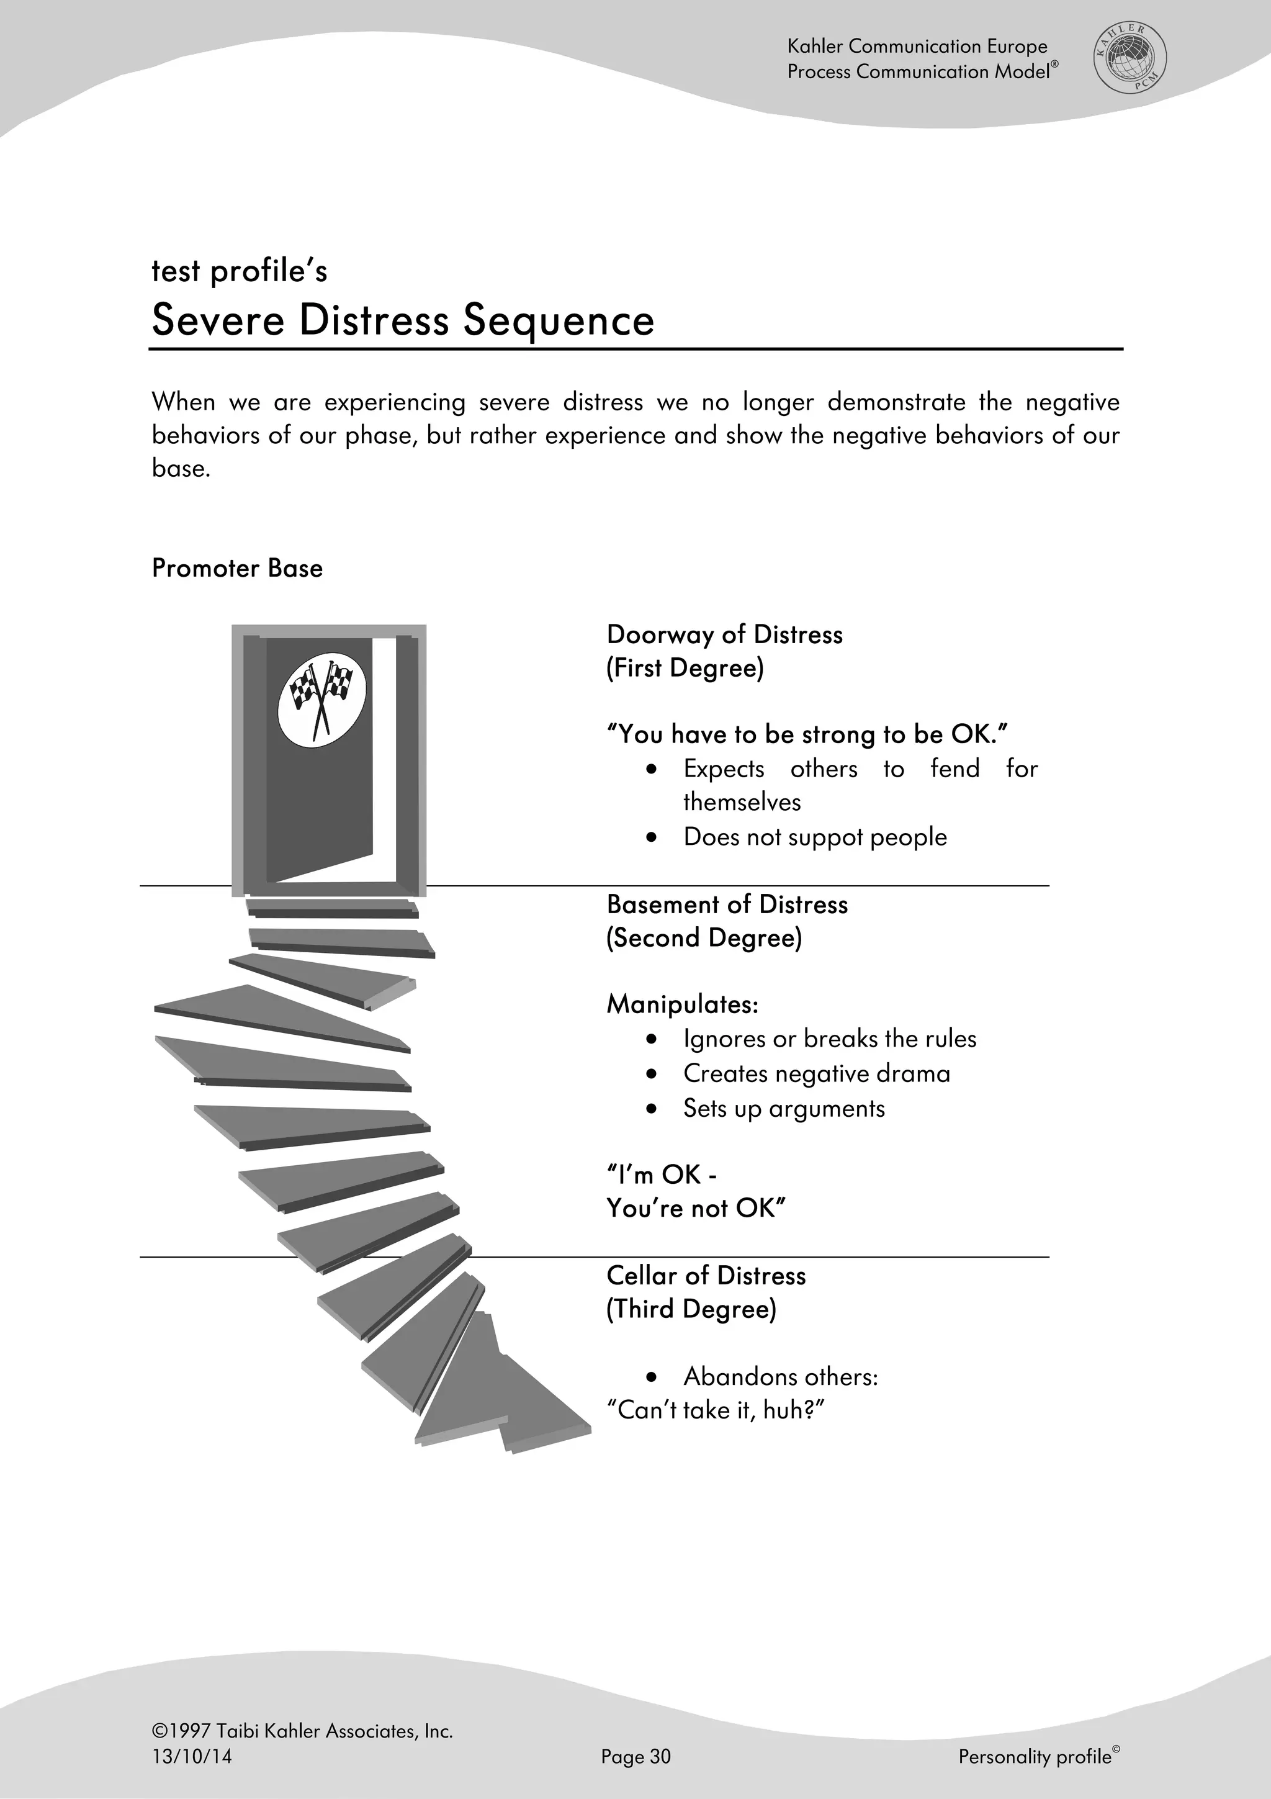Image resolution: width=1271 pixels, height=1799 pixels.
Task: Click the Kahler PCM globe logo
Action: point(1130,59)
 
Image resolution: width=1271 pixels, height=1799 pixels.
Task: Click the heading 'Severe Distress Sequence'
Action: point(403,320)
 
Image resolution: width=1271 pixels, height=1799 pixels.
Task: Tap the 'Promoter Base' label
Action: point(236,568)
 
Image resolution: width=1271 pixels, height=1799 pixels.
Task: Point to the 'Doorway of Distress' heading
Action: point(724,634)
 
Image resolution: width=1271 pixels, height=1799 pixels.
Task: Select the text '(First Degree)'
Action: point(685,669)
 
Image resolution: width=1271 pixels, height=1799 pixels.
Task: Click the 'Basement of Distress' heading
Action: point(727,905)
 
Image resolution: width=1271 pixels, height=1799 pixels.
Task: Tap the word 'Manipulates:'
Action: point(682,1004)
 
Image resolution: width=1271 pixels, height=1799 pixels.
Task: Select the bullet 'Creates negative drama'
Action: point(816,1073)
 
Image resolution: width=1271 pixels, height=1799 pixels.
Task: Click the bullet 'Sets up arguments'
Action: point(783,1109)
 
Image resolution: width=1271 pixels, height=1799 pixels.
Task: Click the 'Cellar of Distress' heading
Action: point(706,1276)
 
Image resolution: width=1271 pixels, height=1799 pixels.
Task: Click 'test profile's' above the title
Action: point(239,271)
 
